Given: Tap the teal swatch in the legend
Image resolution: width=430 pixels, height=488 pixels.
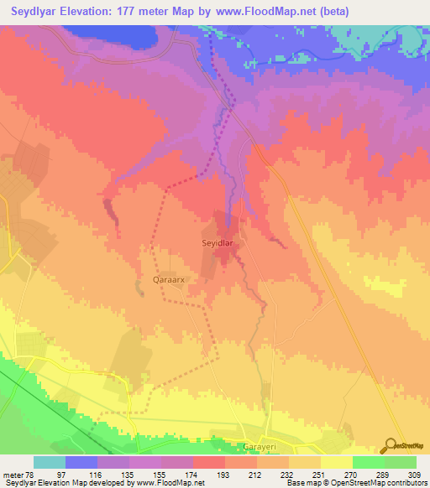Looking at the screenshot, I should (x=50, y=462).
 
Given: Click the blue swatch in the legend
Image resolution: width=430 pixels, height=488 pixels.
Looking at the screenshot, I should (x=81, y=462).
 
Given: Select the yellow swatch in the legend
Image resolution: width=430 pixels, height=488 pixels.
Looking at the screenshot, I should (x=336, y=462).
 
